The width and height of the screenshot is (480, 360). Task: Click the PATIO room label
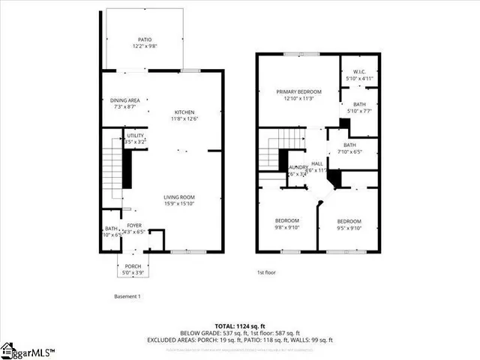pos(143,40)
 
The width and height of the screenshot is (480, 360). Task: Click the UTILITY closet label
pos(135,135)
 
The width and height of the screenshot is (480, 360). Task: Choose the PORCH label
pos(134,266)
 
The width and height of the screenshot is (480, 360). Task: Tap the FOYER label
pos(134,225)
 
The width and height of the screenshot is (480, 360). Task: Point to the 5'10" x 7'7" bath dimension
pos(360,111)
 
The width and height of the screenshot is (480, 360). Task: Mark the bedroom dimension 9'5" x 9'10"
pos(349,228)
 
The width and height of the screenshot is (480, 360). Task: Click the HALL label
pos(317,163)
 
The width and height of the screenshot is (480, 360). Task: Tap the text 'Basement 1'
pos(127,296)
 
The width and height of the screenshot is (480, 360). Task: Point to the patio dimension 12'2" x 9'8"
pos(143,46)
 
